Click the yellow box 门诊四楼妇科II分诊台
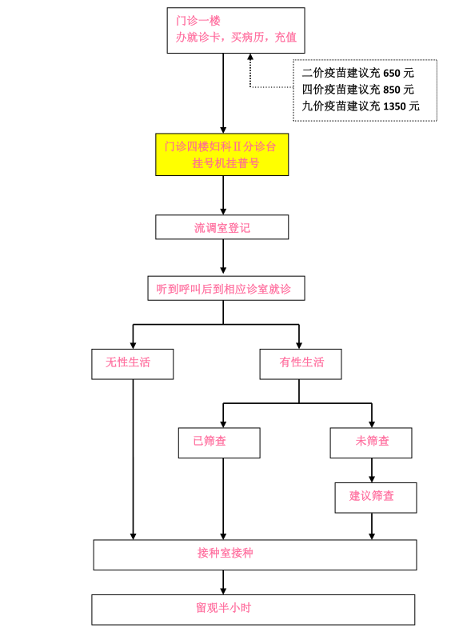222,154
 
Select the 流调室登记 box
222,227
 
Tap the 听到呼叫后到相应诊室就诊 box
226,288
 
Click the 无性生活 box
133,364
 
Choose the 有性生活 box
301,364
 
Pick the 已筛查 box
219,442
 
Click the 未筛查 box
371,442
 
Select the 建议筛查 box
376,498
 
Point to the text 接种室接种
226,553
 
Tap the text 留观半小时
224,607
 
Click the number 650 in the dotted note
392,74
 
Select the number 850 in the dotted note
392,90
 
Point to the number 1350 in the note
394,106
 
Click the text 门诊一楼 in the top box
198,21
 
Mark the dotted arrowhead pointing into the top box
250,57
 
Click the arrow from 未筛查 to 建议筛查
372,470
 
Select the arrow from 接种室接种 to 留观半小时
223,582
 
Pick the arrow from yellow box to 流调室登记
223,195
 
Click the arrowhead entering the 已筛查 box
223,424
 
